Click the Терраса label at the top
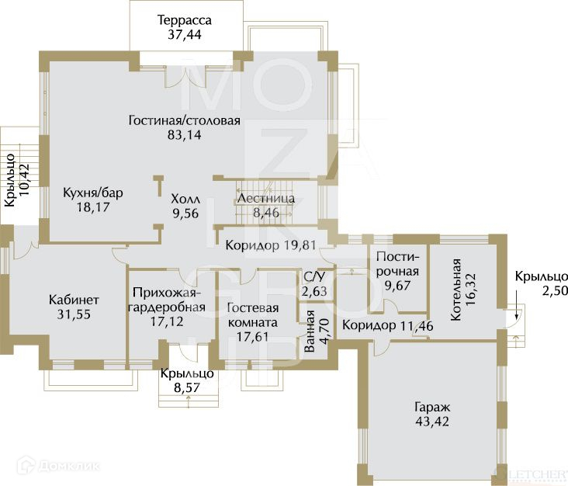[185, 20]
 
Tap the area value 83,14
[185, 135]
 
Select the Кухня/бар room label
[93, 193]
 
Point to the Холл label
[185, 199]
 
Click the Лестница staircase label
[266, 198]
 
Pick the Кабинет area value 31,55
[74, 314]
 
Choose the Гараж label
[432, 407]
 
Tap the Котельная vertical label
[455, 290]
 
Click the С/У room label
[314, 277]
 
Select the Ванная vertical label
[310, 332]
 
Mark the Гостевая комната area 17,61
[252, 337]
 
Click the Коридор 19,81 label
[271, 245]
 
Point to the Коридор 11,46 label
[388, 325]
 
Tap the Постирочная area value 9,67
[397, 286]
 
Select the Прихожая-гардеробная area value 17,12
[167, 321]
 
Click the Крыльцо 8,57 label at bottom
[187, 380]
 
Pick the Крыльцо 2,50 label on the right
[541, 283]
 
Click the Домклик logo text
[69, 466]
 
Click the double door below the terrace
[186, 77]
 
